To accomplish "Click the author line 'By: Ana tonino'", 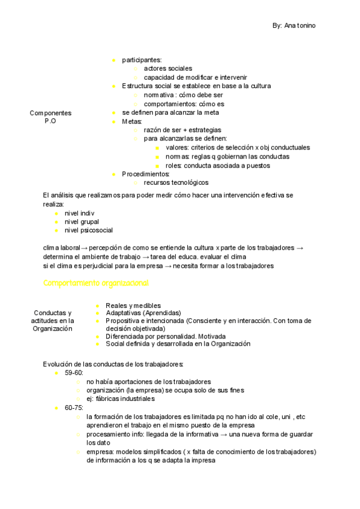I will tap(294, 26).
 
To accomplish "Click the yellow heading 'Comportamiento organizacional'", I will tap(96, 283).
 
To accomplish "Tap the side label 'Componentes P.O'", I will tap(50, 116).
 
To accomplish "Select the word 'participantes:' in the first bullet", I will tap(142, 59).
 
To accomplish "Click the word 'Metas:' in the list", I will tap(131, 121).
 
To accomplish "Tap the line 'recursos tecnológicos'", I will tap(176, 182).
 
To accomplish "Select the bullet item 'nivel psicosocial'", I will tap(88, 230).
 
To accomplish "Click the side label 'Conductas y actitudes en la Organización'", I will tap(53, 321).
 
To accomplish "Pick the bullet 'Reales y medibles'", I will tap(133, 306).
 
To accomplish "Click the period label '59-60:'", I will tap(74, 373).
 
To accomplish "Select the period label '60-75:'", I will tap(74, 408).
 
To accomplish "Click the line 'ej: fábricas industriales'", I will tap(121, 399).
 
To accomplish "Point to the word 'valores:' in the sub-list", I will tap(177, 148).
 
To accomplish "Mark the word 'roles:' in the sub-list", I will tap(173, 165).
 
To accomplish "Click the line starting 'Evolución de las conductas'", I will tap(113, 364).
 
